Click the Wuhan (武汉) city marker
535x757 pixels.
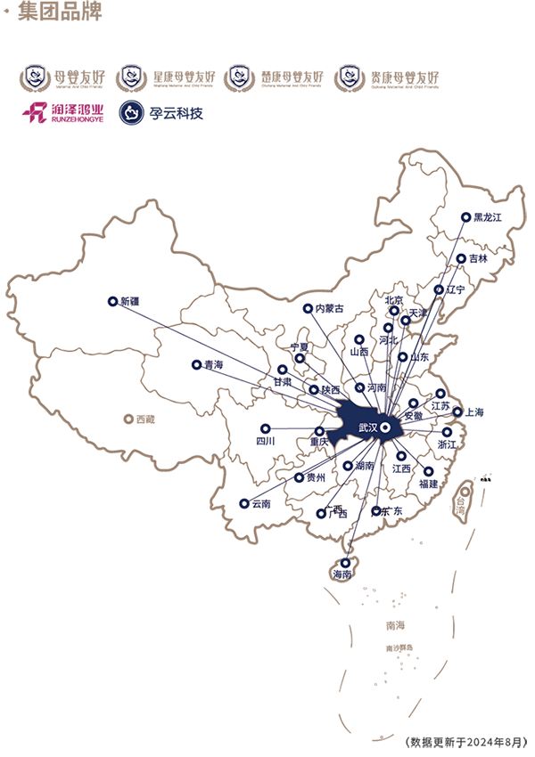(385, 428)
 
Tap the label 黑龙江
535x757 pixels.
(489, 216)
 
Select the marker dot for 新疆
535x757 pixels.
(112, 301)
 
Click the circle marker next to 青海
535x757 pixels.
(196, 364)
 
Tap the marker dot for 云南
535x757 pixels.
(243, 503)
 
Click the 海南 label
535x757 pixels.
(342, 575)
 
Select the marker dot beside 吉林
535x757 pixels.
(461, 259)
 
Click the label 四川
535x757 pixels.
(266, 441)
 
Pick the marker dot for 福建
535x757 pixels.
(428, 471)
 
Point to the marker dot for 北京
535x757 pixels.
(393, 311)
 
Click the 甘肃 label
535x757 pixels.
(283, 381)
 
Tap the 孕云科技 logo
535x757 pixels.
(162, 113)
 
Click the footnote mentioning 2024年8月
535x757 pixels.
(465, 741)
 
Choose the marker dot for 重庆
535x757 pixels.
(319, 431)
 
